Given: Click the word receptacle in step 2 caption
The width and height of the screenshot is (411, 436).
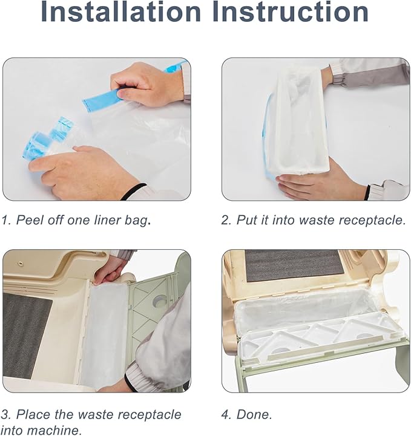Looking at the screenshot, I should pos(370,220).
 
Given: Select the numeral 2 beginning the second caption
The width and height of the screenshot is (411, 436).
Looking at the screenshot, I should pos(225,220).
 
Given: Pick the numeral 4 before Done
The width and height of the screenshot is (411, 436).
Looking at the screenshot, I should pos(225,414).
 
